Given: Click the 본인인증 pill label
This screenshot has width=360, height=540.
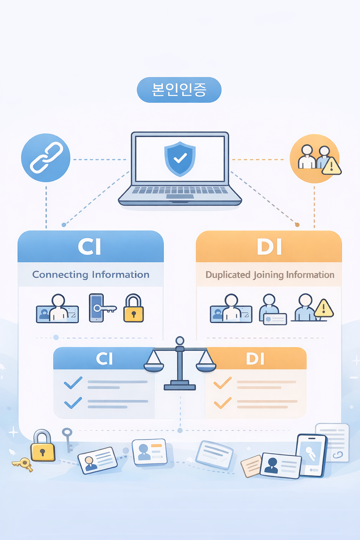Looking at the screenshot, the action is [179, 90].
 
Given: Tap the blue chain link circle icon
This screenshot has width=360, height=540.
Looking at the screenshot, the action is [46, 157].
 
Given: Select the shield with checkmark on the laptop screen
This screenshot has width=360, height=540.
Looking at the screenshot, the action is [180, 159].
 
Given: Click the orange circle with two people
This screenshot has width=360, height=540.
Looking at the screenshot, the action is [314, 159].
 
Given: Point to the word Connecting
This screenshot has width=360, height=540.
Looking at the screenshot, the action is [60, 275].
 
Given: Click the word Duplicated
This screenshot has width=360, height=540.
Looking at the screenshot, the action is [228, 275].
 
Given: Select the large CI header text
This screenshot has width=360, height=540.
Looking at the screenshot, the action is [89, 246].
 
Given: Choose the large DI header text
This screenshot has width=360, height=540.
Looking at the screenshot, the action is [269, 247].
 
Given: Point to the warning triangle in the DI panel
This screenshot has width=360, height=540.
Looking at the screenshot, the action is [324, 308].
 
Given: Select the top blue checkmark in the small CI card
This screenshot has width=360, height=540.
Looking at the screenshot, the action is [73, 382].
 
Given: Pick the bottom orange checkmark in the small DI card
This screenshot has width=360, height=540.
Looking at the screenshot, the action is [223, 403].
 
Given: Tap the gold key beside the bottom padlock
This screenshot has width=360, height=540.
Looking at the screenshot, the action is [22, 464].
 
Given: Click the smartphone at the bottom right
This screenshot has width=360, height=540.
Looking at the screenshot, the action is [311, 455].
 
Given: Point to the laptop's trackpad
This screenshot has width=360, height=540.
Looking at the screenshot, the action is [180, 197].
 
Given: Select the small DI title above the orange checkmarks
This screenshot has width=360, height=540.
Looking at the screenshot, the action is [255, 359].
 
